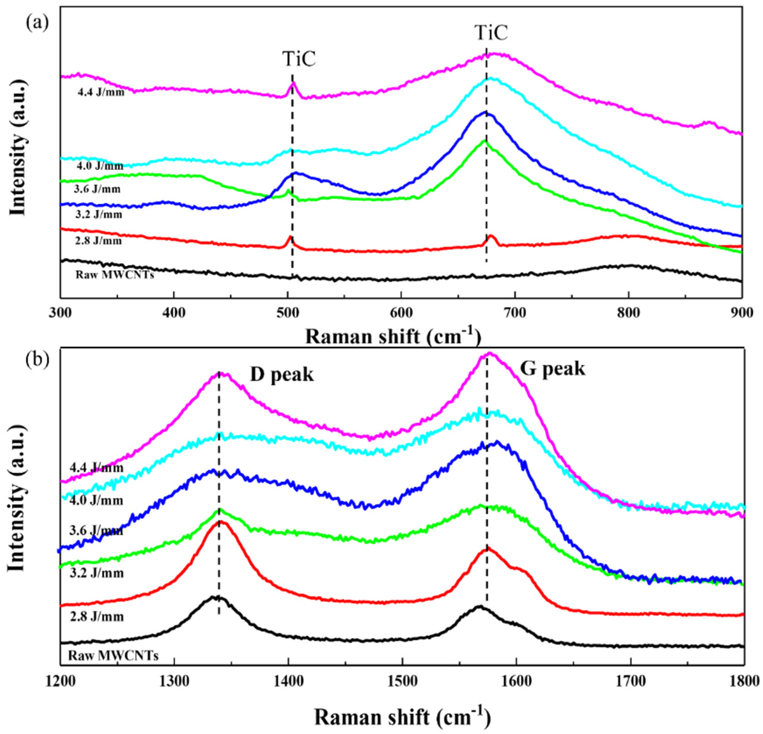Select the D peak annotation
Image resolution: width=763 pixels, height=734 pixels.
click(282, 375)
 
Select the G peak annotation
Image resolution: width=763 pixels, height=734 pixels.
click(553, 368)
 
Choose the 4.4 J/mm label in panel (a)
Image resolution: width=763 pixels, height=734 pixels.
click(101, 93)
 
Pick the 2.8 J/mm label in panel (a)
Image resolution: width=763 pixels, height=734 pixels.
click(98, 241)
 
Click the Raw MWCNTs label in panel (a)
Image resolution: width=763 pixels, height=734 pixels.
click(114, 275)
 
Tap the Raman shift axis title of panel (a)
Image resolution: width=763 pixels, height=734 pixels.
click(393, 336)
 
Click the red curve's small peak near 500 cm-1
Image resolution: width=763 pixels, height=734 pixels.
click(290, 237)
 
